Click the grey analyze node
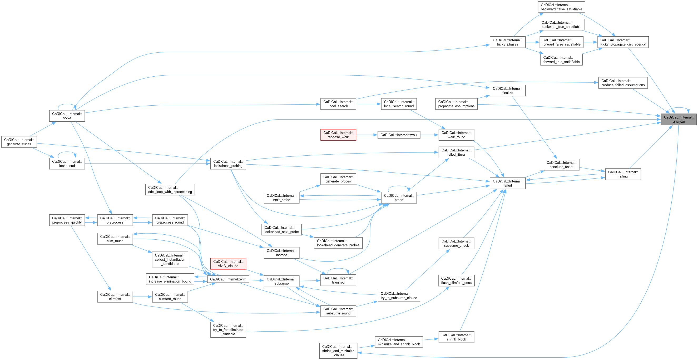tap(679, 119)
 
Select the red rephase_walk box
tap(338, 135)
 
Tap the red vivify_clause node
tap(228, 264)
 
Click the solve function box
tap(67, 116)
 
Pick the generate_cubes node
tap(19, 142)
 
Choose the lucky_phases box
tap(508, 42)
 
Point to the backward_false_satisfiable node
tap(561, 7)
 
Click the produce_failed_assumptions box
tap(623, 83)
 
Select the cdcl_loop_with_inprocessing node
tap(170, 190)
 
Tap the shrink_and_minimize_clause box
tap(338, 351)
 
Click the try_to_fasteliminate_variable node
tap(228, 330)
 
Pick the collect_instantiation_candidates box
tap(170, 259)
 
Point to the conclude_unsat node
tap(561, 165)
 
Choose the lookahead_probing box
tap(228, 164)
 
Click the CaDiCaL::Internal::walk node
tap(399, 135)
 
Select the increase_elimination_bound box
tap(170, 279)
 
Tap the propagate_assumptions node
tap(456, 104)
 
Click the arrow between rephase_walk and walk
tap(367, 135)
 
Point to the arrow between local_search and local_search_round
tap(369, 104)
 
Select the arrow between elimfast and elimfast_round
tap(142, 297)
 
